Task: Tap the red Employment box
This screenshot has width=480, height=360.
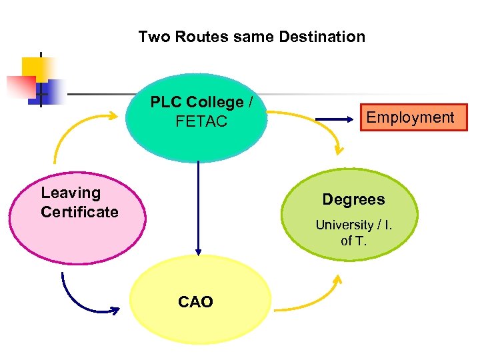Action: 411,118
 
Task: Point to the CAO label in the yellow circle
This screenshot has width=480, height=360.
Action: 195,302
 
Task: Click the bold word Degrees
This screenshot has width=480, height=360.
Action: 353,199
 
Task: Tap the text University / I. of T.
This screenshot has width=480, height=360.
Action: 354,233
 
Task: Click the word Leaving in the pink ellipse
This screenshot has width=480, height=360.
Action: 71,193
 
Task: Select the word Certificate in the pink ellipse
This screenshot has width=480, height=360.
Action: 79,212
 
